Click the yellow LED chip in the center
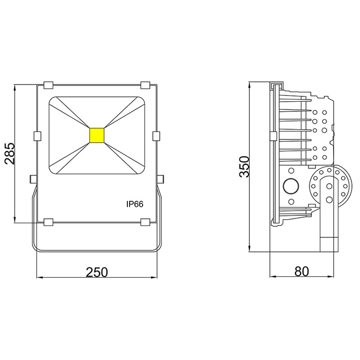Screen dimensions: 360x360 tap(97, 135)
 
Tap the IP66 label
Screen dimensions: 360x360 tap(135, 204)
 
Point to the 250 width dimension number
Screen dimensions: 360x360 tap(97, 272)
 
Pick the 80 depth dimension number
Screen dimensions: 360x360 tap(302, 272)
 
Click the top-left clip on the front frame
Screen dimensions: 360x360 tap(48, 85)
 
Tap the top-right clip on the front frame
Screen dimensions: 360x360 tap(145, 85)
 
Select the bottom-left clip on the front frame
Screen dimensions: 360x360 tap(48, 222)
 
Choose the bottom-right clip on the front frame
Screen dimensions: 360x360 tap(145, 222)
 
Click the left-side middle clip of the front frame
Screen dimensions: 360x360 tap(37, 135)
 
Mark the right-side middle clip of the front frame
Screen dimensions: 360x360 tap(157, 135)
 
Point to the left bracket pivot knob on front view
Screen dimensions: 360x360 tap(33, 179)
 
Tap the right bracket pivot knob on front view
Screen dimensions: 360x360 tap(161, 179)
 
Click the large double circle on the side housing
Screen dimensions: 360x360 tap(291, 185)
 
